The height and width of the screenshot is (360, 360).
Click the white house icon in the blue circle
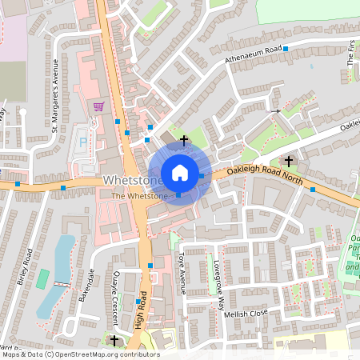pyautogui.click(x=179, y=172)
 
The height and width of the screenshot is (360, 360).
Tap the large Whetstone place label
pyautogui.click(x=134, y=182)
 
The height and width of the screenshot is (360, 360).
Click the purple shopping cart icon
pyautogui.click(x=98, y=106)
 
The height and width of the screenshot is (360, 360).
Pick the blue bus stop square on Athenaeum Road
pyautogui.click(x=285, y=49)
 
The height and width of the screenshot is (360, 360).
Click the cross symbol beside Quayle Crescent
pyautogui.click(x=114, y=341)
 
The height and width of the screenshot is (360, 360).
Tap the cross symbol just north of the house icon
pyautogui.click(x=185, y=140)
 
